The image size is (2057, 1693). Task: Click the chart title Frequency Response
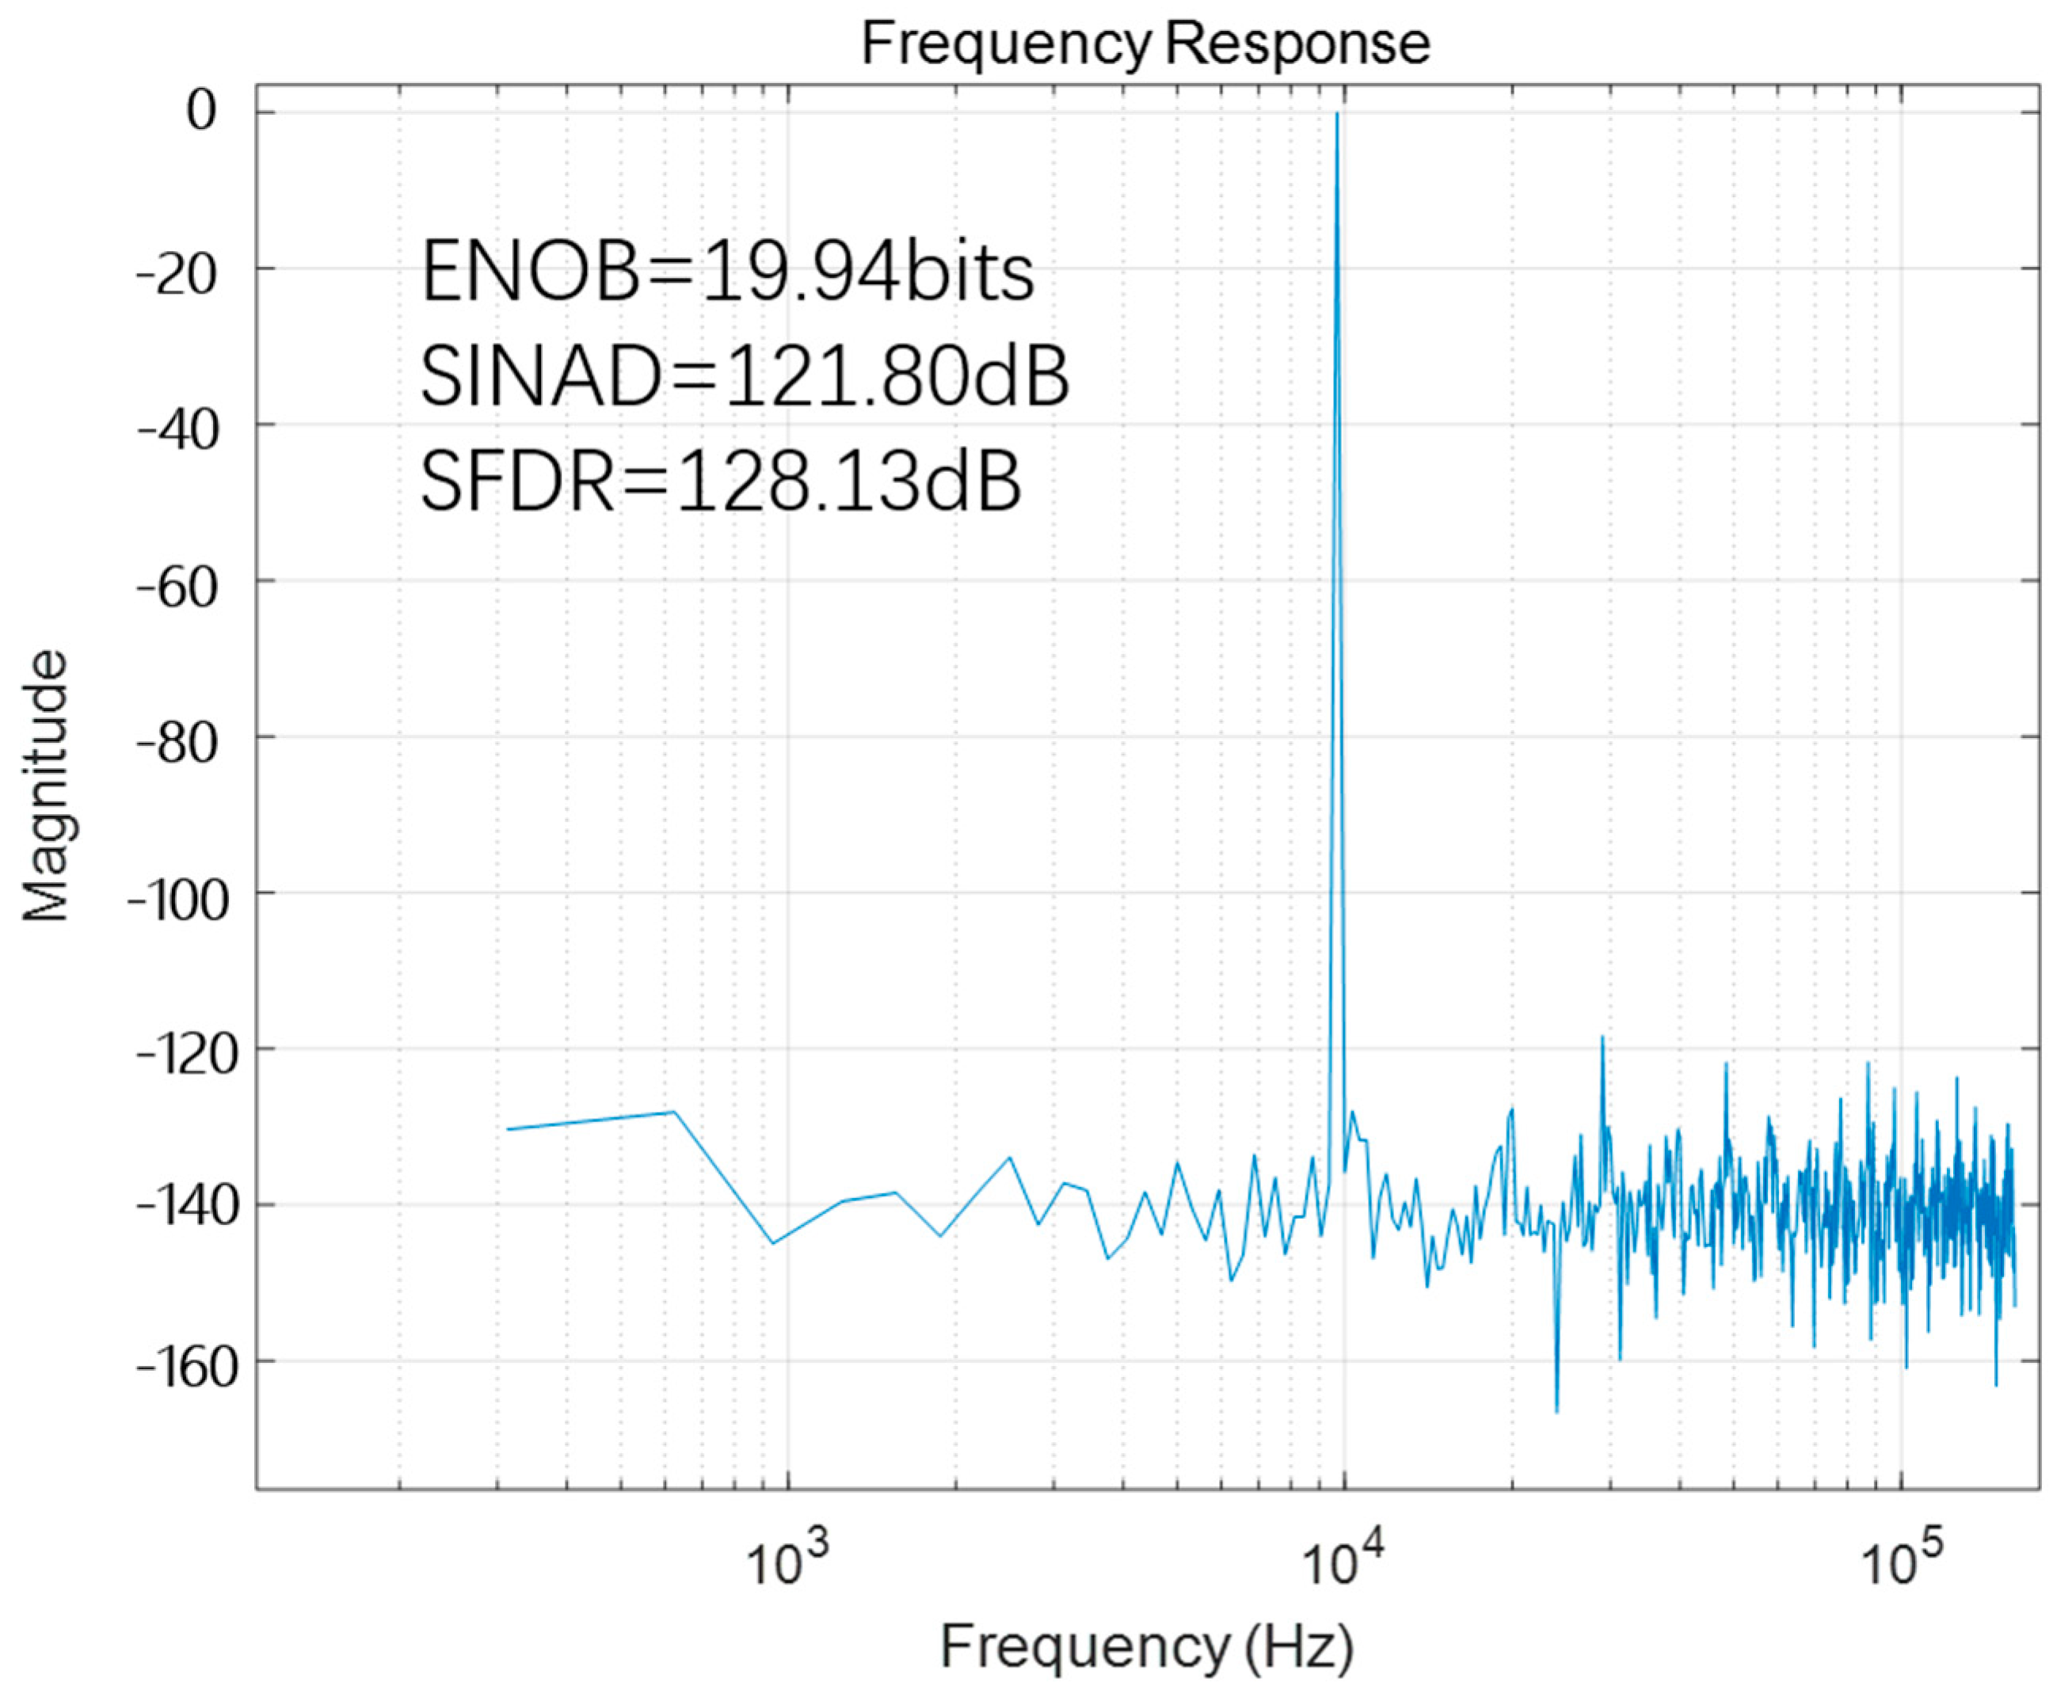pyautogui.click(x=1145, y=44)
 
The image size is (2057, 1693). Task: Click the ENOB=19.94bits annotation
pyautogui.click(x=726, y=273)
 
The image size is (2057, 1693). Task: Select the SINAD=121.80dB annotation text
pyautogui.click(x=745, y=378)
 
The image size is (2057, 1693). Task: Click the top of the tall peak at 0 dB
pyautogui.click(x=1337, y=113)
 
